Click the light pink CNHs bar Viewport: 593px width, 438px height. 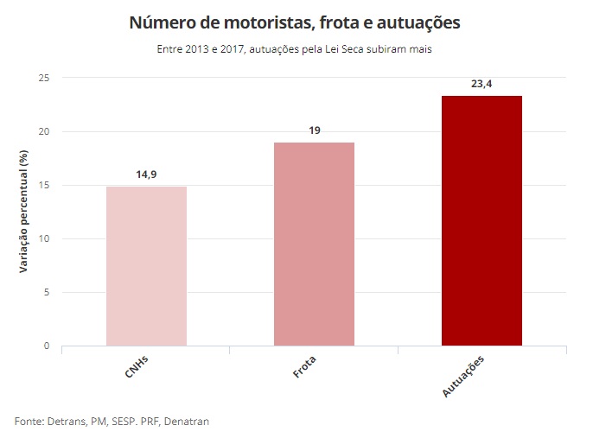[x=146, y=266]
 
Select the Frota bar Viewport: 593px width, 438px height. [x=314, y=244]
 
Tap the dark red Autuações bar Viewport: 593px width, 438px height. [x=481, y=221]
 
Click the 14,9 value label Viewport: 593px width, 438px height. [x=146, y=175]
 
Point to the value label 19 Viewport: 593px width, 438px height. [x=314, y=130]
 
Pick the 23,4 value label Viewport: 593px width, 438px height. [x=481, y=83]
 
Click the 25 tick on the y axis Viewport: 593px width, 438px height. [x=44, y=79]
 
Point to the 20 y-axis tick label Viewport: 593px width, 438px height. [x=44, y=132]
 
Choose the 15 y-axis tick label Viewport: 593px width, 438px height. [x=44, y=186]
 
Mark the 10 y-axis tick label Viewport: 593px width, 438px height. [x=44, y=239]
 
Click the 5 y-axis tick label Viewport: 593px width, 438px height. [x=47, y=293]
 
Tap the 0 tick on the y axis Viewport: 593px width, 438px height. [x=47, y=346]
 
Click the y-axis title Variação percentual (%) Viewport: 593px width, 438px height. [x=23, y=212]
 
